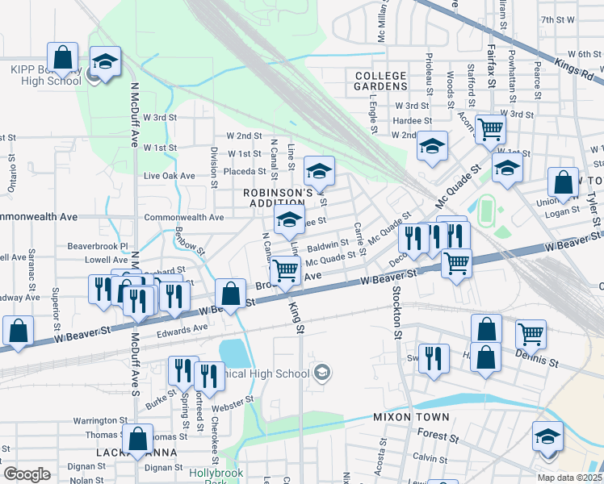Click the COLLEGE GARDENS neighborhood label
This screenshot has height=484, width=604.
point(381,80)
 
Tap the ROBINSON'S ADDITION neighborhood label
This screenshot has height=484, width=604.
point(278,198)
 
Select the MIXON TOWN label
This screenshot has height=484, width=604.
point(405,417)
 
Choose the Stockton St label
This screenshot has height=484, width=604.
point(397,311)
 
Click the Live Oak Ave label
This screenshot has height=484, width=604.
point(169,175)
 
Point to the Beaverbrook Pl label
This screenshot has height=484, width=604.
point(98,245)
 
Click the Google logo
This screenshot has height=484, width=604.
point(27,474)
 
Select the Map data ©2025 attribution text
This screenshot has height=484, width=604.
point(569,478)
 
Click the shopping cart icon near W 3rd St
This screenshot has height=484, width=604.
point(490,128)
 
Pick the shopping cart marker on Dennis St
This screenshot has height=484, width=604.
point(531,332)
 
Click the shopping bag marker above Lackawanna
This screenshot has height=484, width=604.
point(139,439)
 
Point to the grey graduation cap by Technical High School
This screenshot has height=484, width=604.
point(322,372)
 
